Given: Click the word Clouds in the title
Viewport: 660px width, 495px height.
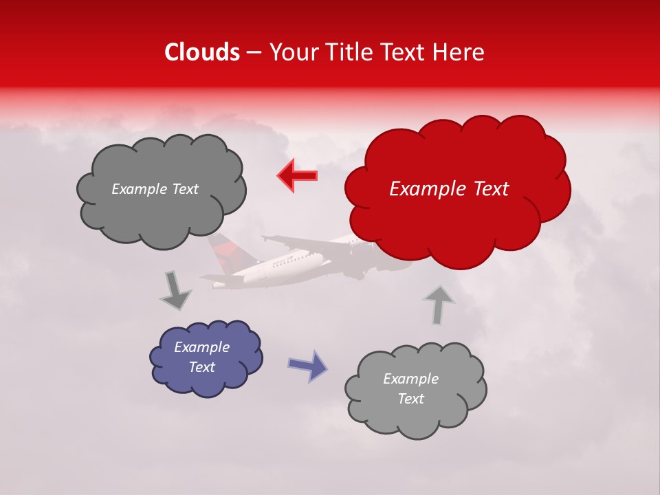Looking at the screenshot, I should pos(202,52).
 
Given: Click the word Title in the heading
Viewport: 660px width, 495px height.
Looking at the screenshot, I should pos(350,52).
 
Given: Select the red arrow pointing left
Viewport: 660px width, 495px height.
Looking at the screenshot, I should pos(297,175).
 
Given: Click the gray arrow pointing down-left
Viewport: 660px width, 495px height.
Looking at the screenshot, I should pos(176,291).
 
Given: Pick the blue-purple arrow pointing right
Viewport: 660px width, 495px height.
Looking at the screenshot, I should pos(308,365).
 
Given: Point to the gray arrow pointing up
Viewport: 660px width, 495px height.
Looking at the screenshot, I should pos(439,304).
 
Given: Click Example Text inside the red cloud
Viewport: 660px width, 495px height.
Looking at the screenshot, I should pos(449,189).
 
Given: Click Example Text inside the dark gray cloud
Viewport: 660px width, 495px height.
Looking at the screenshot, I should pos(155,189).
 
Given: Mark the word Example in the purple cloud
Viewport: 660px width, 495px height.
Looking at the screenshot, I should pos(201,347).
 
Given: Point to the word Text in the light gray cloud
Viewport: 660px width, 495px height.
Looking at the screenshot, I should pos(410,399).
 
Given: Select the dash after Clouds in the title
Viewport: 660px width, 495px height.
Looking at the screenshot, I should pos(253,53).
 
